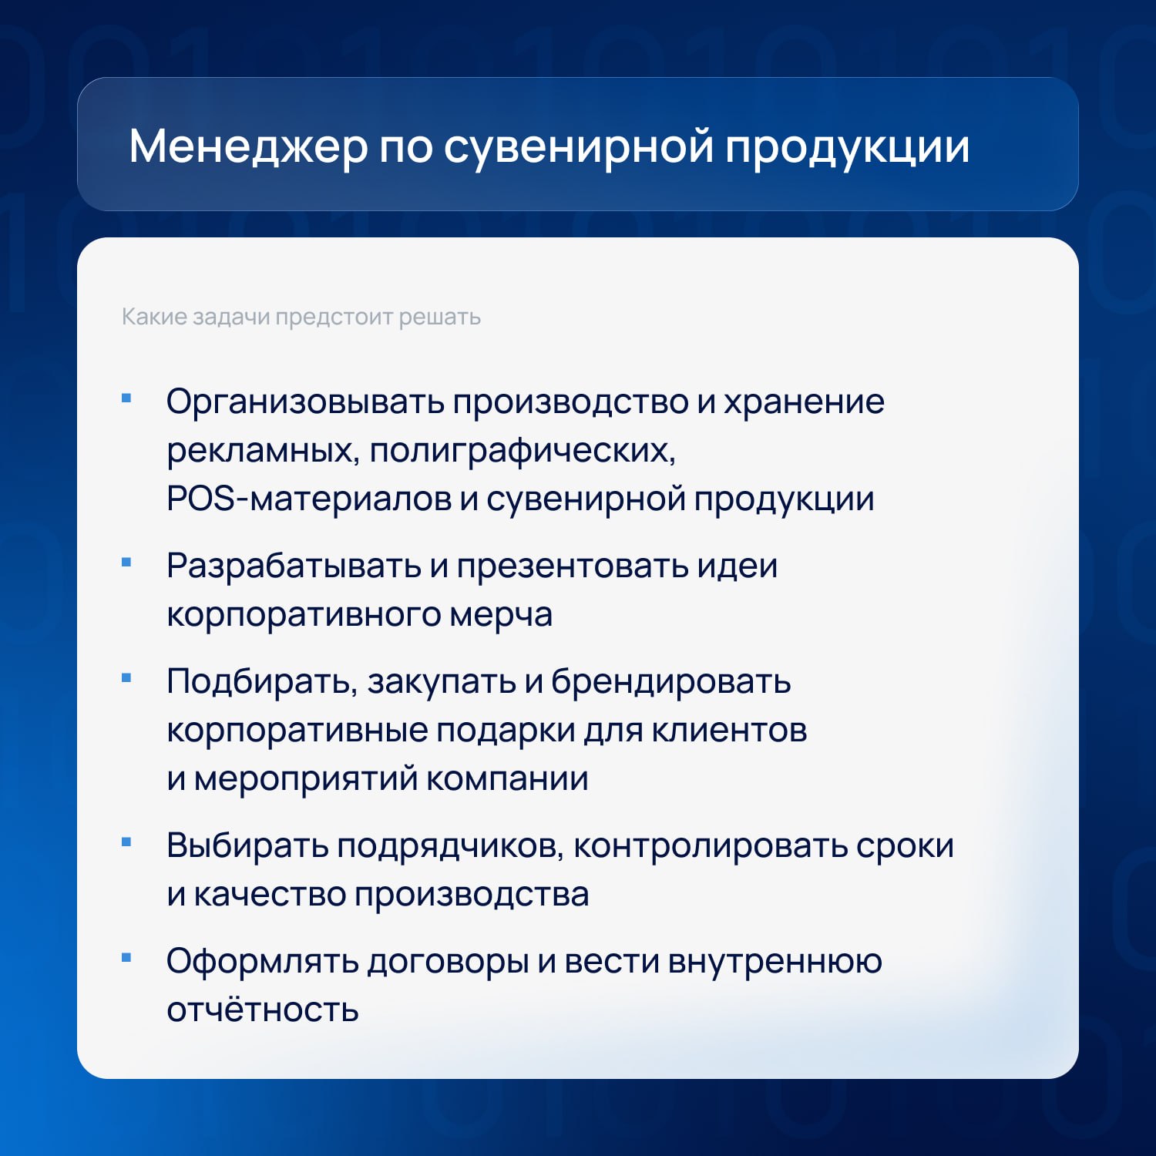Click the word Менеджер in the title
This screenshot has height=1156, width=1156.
pyautogui.click(x=248, y=147)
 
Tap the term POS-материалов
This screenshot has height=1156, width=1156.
pyautogui.click(x=309, y=499)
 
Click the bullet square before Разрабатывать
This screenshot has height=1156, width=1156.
pyautogui.click(x=126, y=563)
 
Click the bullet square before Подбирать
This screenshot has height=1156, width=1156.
pyautogui.click(x=126, y=678)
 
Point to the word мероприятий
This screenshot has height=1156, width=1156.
pyautogui.click(x=306, y=780)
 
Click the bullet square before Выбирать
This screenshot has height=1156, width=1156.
pyautogui.click(x=126, y=842)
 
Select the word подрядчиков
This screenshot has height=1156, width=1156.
pyautogui.click(x=450, y=847)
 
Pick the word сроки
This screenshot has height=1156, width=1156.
pyautogui.click(x=905, y=847)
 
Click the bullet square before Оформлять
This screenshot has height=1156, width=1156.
pyautogui.click(x=126, y=958)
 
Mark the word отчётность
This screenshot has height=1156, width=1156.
pyautogui.click(x=263, y=1010)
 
